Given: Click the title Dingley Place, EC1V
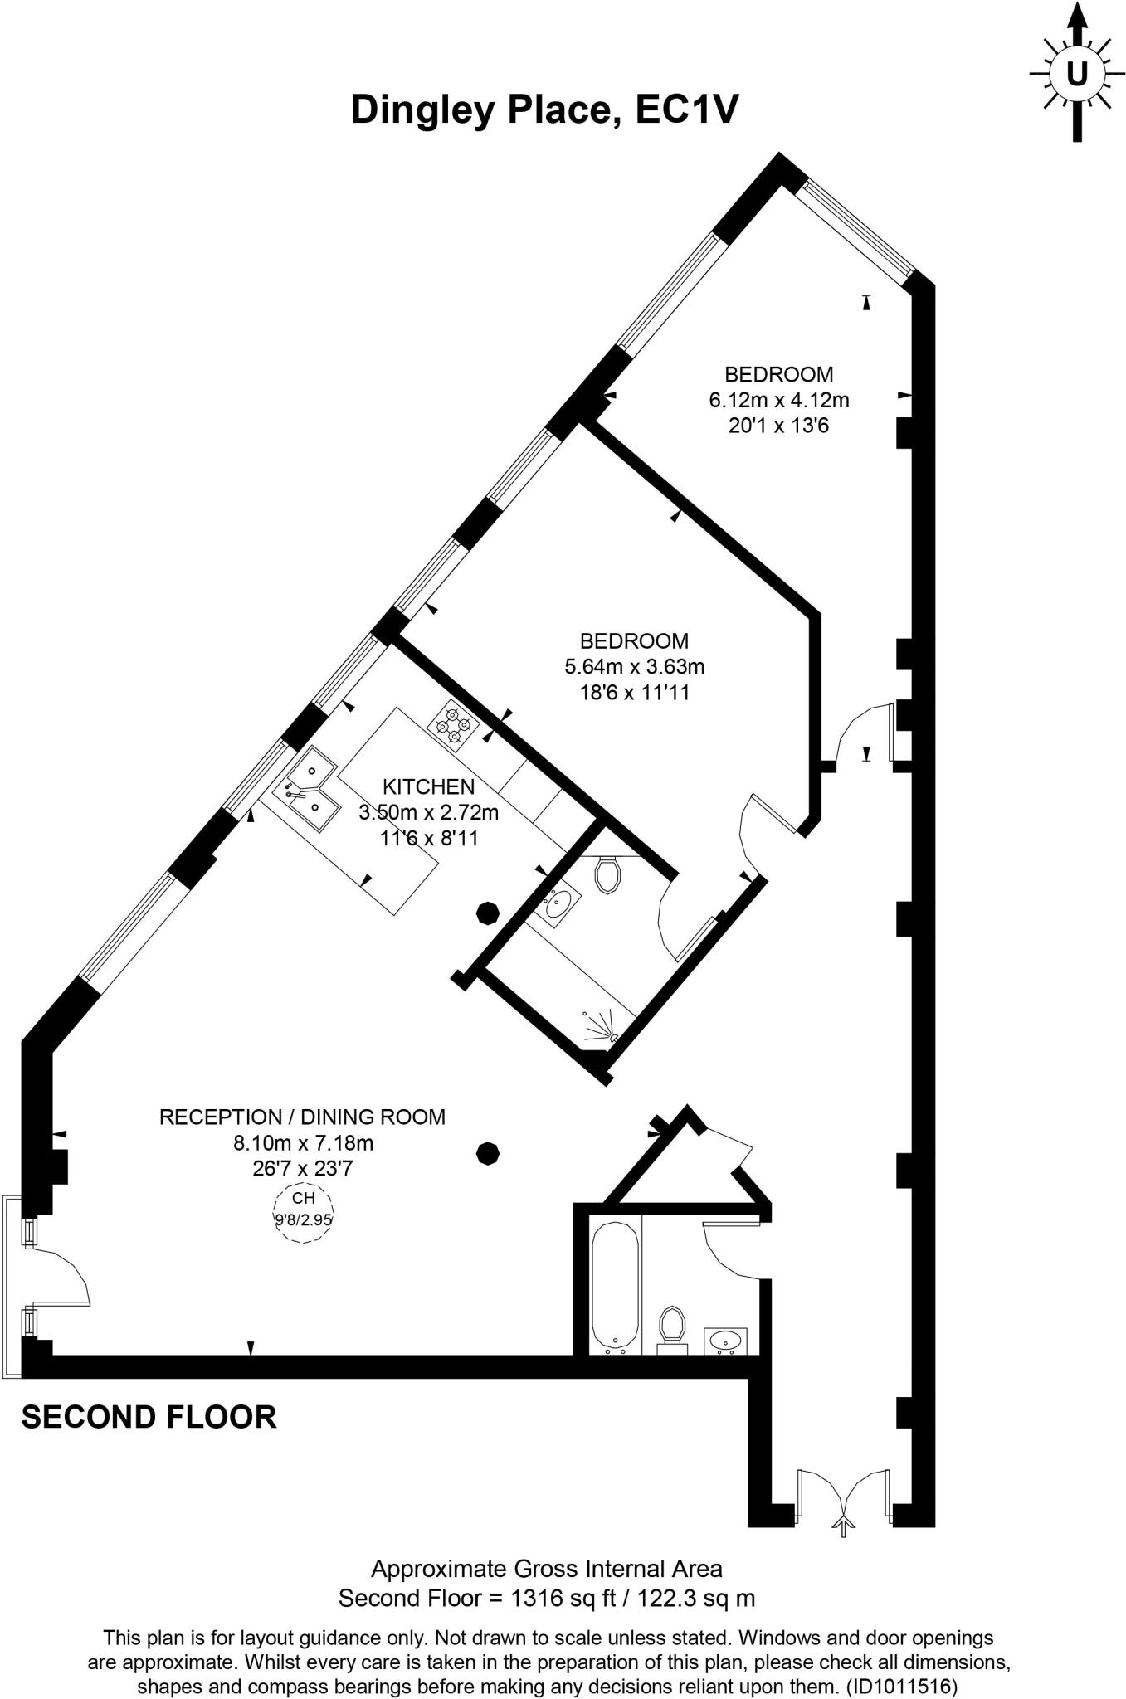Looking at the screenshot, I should [544, 110].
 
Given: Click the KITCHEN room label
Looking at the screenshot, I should [428, 786].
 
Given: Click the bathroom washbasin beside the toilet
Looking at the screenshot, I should [727, 1340].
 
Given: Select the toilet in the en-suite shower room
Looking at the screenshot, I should [608, 875].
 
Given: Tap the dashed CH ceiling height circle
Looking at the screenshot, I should [304, 1213].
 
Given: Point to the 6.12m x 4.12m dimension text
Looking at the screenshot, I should [778, 400].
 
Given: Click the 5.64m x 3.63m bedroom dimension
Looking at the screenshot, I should [634, 666].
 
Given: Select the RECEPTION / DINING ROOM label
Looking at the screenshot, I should [302, 1117].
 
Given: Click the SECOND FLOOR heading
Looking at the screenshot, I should [149, 1417].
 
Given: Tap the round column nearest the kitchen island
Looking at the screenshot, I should [486, 913].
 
